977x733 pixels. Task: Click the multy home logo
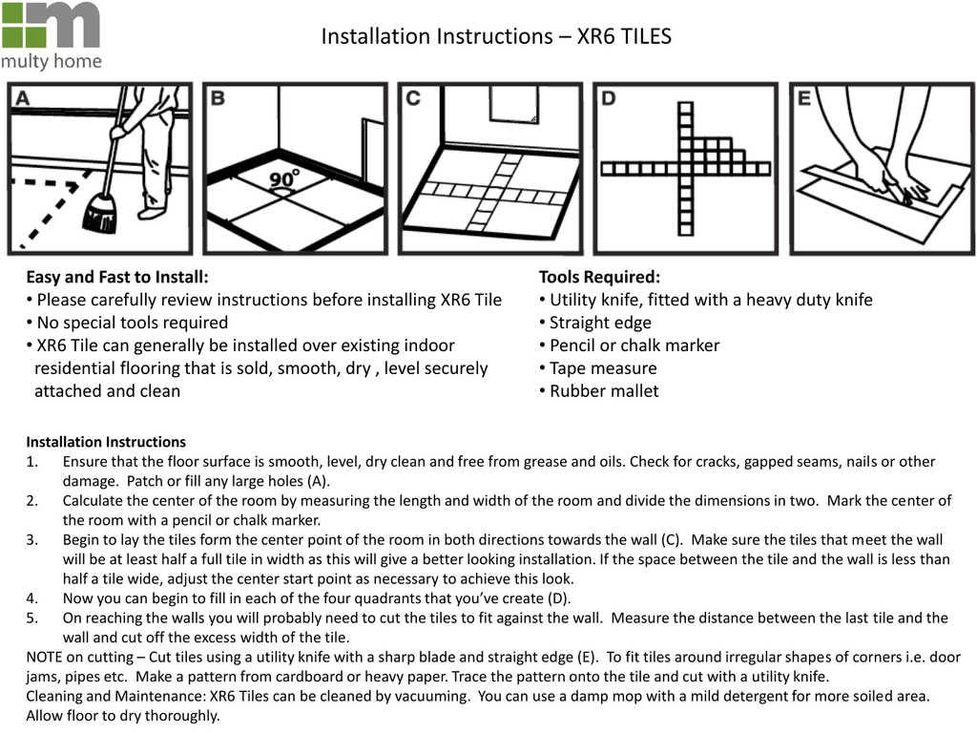[51, 35]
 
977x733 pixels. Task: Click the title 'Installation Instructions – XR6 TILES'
[496, 36]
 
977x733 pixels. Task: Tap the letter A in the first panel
[21, 97]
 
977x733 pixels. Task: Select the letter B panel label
[218, 97]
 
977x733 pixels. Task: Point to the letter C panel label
[413, 97]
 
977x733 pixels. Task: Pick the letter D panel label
[609, 97]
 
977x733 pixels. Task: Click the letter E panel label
[804, 97]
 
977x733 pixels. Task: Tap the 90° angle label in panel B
[283, 179]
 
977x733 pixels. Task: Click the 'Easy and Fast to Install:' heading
[116, 277]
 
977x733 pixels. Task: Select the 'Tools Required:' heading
[599, 277]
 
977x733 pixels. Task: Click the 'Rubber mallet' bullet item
[604, 391]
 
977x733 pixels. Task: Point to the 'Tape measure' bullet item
[603, 368]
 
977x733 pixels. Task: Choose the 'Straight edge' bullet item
[600, 323]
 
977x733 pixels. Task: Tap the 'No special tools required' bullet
[132, 323]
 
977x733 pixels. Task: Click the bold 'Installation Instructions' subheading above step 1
[106, 442]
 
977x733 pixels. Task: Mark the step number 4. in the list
[32, 598]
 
